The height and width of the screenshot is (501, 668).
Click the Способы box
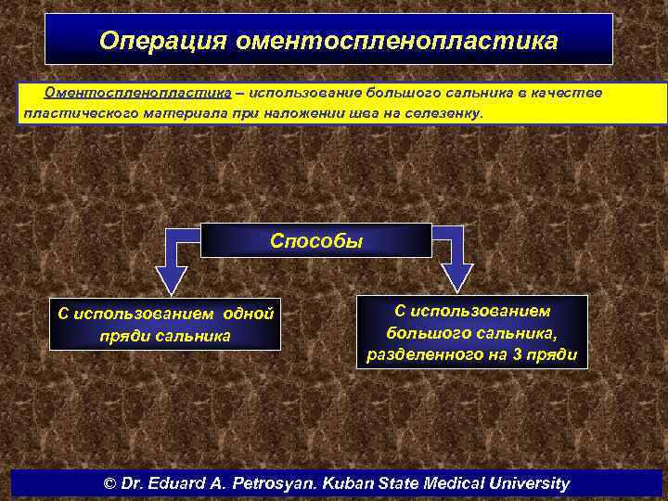(316, 240)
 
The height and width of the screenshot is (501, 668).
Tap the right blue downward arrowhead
(456, 276)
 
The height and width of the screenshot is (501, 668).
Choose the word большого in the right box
(417, 333)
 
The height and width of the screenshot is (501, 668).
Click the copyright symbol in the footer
(111, 483)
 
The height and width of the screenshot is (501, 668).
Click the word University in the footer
(528, 483)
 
